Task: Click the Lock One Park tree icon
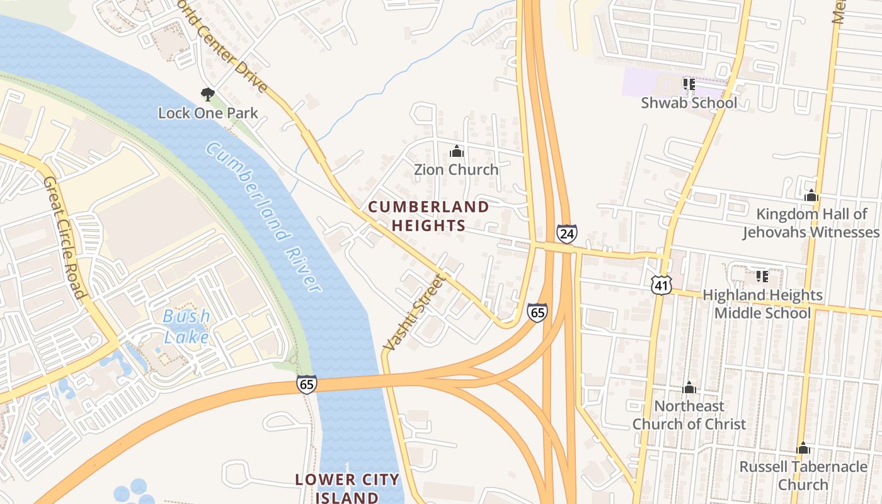(x=207, y=95)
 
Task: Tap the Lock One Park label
(x=208, y=113)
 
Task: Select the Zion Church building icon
(x=456, y=152)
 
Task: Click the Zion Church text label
(x=456, y=169)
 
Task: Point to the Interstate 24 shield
(x=566, y=234)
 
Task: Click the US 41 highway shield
(x=661, y=284)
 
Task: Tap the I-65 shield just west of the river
(x=307, y=384)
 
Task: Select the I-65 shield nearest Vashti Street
(x=537, y=312)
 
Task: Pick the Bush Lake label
(x=186, y=326)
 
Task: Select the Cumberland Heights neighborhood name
(x=428, y=216)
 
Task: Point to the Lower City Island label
(x=347, y=488)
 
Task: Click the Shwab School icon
(x=689, y=84)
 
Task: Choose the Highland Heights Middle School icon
(x=762, y=277)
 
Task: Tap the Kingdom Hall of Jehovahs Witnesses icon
(x=811, y=196)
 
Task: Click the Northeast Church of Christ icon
(x=689, y=387)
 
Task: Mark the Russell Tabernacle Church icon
(x=803, y=449)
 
